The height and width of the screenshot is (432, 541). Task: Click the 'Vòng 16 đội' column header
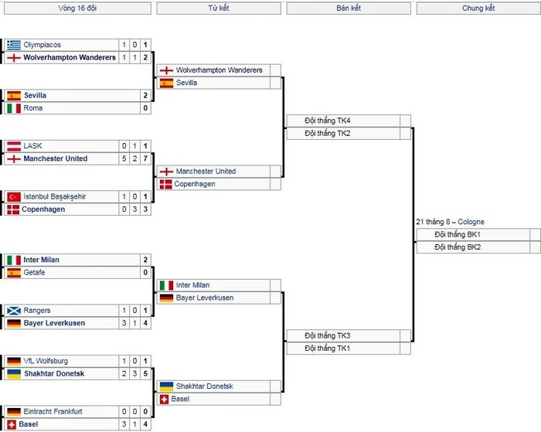pos(77,9)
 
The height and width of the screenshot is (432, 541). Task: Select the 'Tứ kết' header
pos(219,9)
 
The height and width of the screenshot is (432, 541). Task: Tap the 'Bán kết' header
pos(349,9)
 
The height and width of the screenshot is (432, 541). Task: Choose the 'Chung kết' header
pos(478,9)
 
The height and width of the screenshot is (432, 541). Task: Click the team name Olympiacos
pos(42,45)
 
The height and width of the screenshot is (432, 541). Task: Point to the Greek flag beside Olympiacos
pos(14,45)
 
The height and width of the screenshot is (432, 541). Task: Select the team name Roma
pos(32,108)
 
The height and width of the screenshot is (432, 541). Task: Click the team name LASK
pos(32,146)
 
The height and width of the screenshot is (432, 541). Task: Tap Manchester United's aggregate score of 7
pos(145,158)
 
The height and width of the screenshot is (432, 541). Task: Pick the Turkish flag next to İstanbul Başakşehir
pos(14,196)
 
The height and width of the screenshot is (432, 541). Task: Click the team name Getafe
pos(34,273)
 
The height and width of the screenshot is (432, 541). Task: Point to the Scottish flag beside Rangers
pos(14,311)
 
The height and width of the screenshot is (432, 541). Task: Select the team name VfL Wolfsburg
pos(46,361)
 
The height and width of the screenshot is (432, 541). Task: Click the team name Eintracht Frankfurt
pos(53,412)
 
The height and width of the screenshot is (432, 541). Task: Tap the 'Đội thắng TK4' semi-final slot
pos(328,121)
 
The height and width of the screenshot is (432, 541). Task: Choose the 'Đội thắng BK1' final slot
pos(458,235)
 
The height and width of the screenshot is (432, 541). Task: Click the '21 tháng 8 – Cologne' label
pos(451,222)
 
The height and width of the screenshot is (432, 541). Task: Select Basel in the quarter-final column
pos(180,400)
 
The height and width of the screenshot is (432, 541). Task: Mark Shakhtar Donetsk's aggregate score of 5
pos(145,374)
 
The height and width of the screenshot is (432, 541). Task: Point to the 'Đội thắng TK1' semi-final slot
pos(328,349)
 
